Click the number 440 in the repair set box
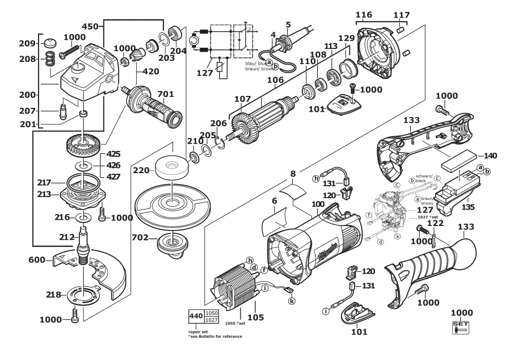(x=196, y=316)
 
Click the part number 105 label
(x=255, y=317)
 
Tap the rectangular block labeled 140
(x=461, y=161)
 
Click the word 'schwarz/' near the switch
(x=425, y=176)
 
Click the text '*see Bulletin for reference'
(x=215, y=337)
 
